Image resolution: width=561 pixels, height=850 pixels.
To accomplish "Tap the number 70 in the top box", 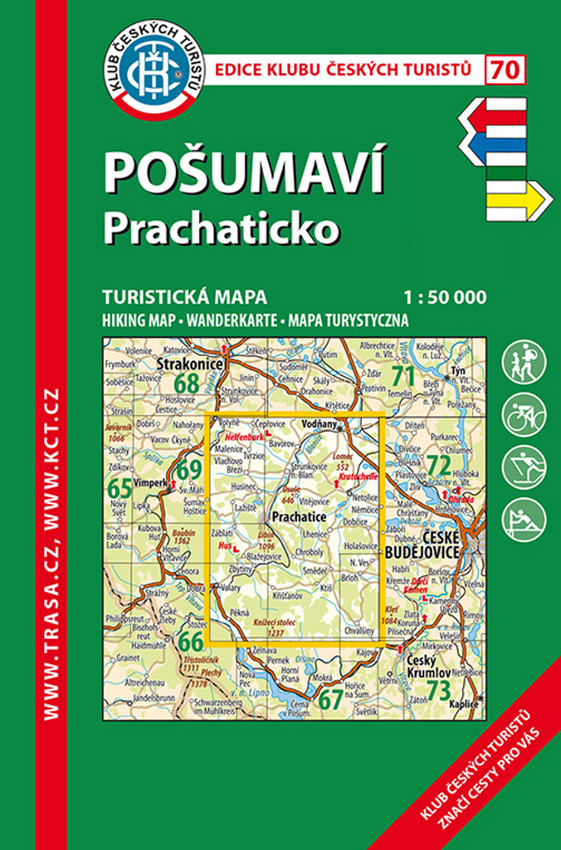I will click(x=505, y=70).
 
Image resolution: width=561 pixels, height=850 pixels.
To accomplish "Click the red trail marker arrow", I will click(x=493, y=115).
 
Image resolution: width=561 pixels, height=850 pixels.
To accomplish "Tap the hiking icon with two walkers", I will click(x=524, y=361).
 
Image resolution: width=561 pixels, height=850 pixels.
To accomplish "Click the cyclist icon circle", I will click(x=524, y=413).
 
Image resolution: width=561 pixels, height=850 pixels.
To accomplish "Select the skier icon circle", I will click(x=524, y=465).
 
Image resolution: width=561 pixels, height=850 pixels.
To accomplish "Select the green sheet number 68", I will click(x=188, y=383).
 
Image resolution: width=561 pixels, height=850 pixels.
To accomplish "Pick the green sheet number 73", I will click(x=438, y=688).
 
